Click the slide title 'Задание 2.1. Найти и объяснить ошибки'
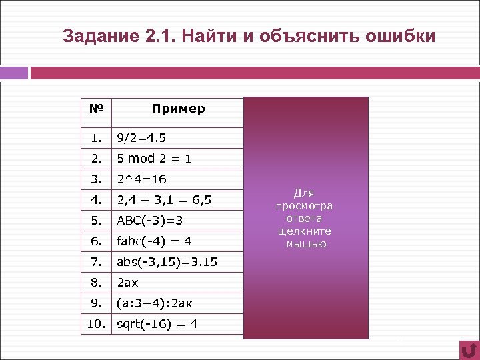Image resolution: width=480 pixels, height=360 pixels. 249,35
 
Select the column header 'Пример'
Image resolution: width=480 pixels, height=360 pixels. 178,109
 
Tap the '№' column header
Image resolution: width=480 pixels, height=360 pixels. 96,108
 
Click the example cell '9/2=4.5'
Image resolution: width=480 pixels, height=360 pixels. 141,138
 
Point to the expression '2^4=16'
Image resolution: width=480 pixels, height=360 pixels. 141,179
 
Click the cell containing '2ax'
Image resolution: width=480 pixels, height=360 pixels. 128,282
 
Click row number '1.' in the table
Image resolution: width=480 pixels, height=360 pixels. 97,138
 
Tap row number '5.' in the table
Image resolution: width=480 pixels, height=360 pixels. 97,220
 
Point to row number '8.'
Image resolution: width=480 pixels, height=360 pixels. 97,282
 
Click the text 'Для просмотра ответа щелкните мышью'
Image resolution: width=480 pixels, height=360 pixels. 305,218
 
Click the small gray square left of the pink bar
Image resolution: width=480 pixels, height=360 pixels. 14,73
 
